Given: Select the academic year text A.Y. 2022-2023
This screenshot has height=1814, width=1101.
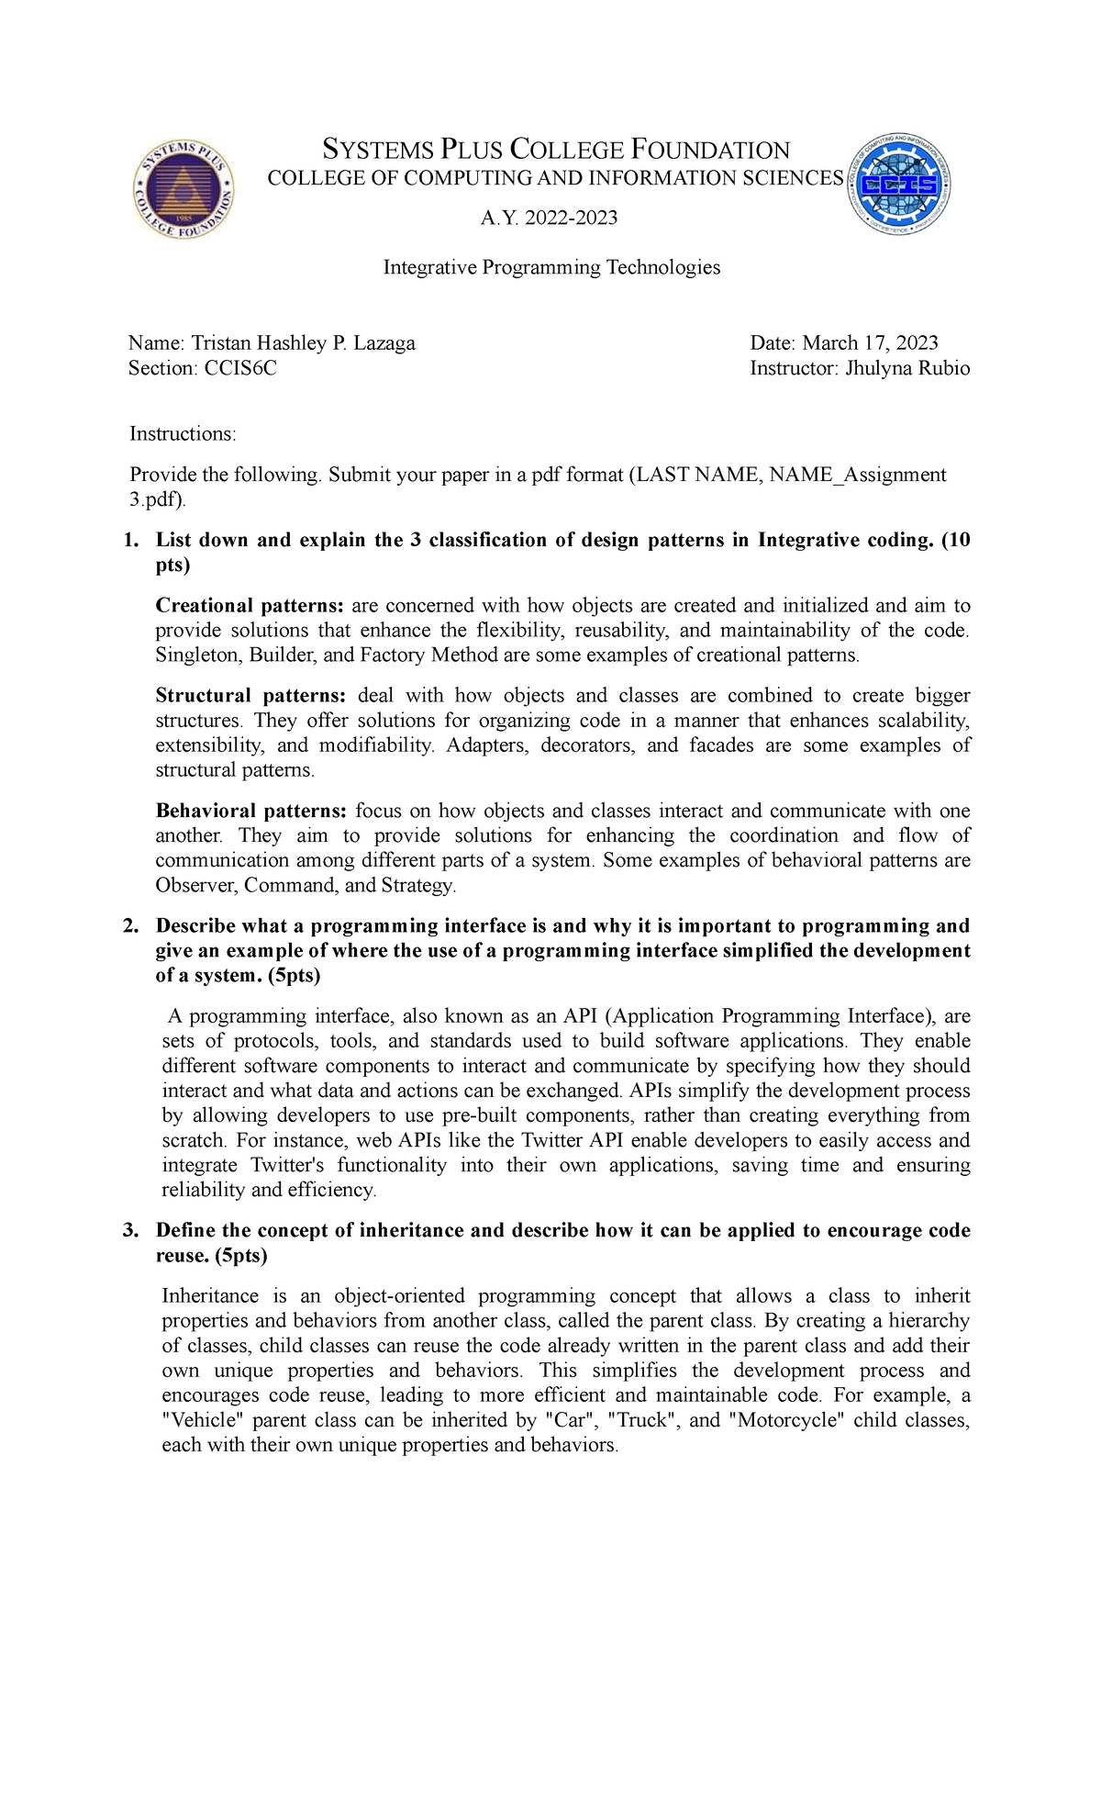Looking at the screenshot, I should (550, 218).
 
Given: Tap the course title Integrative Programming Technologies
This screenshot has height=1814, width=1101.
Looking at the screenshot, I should (551, 267).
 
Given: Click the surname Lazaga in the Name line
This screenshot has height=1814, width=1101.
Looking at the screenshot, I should (384, 343).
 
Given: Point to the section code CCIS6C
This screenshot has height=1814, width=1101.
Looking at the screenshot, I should (239, 368).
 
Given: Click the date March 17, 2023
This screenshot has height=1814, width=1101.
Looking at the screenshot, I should (870, 343).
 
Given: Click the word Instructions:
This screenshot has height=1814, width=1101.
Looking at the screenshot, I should (183, 433).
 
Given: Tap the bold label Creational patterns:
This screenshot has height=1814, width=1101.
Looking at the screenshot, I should (250, 606).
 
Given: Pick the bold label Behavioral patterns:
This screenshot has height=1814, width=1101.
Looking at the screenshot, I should (250, 812).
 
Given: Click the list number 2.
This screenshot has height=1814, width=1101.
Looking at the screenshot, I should (130, 926).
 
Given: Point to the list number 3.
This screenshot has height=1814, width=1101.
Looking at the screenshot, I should (130, 1231).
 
